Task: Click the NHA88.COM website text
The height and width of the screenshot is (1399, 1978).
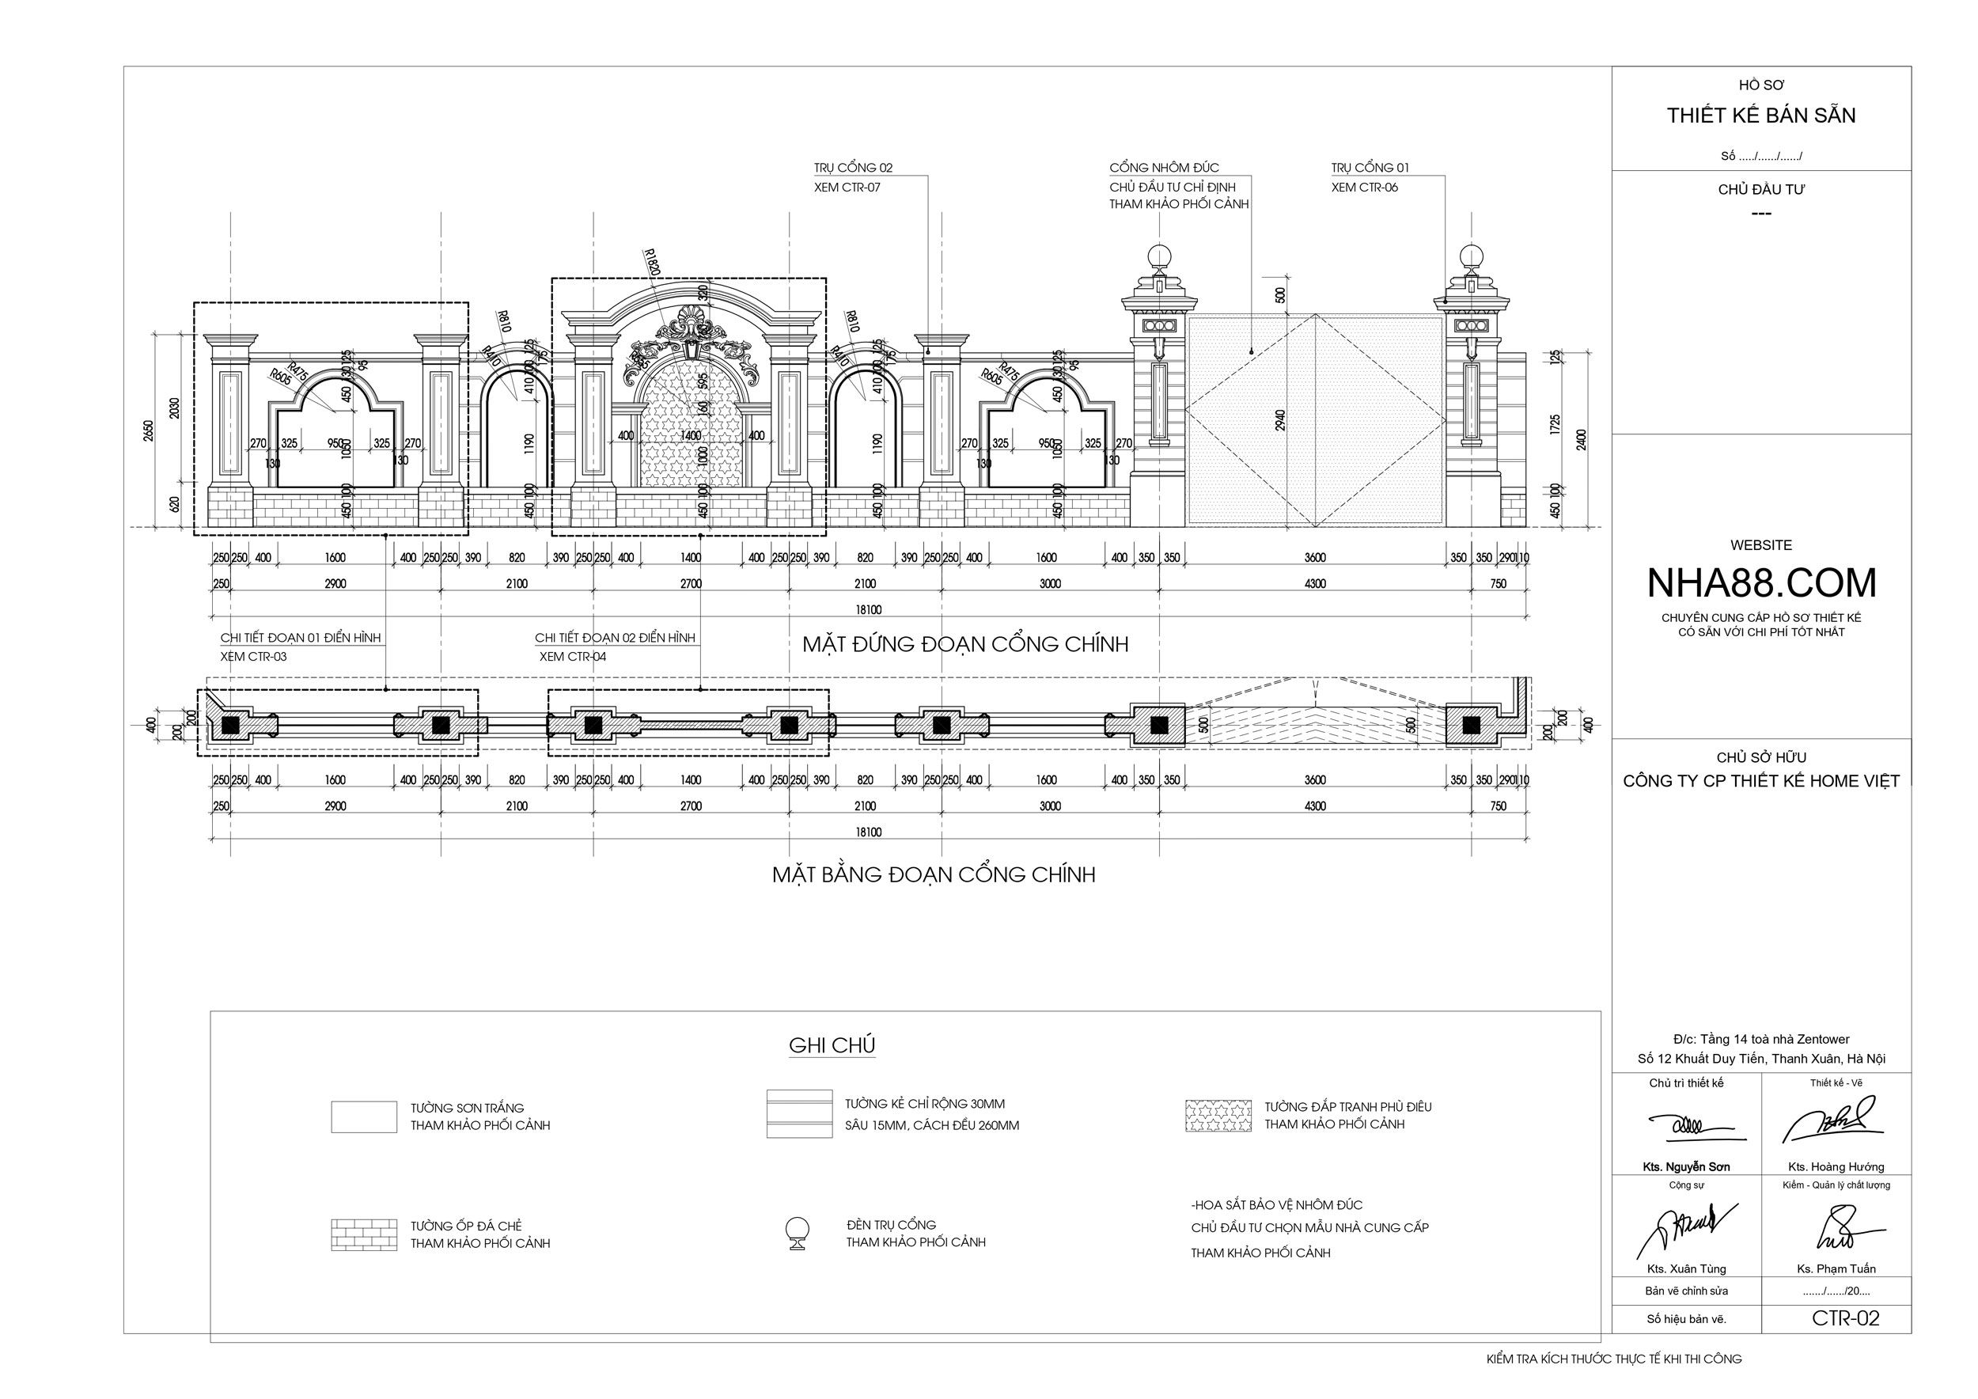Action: click(x=1761, y=583)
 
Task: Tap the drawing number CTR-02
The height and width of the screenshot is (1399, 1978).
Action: click(x=1845, y=1318)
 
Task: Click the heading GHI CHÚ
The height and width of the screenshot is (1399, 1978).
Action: click(x=832, y=1045)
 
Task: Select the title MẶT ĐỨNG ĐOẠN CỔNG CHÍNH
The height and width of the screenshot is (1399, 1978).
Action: click(x=965, y=644)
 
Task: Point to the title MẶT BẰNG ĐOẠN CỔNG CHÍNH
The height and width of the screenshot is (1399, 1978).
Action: click(x=933, y=874)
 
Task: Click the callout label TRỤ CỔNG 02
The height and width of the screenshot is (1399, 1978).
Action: click(x=853, y=167)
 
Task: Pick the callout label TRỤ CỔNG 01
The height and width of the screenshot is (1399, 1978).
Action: click(x=1370, y=167)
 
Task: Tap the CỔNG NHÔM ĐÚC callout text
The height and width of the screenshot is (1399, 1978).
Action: click(x=1164, y=167)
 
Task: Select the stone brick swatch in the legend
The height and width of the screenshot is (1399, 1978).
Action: click(x=363, y=1234)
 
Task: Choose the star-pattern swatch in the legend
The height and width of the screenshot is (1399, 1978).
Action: click(x=1218, y=1116)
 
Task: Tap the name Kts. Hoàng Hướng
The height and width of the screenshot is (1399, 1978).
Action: click(x=1836, y=1166)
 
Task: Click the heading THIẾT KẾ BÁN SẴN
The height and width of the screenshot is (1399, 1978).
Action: click(x=1761, y=116)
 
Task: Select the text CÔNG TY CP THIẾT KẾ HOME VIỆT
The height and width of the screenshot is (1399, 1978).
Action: click(x=1761, y=781)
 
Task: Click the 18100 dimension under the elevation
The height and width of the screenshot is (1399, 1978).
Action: click(x=869, y=610)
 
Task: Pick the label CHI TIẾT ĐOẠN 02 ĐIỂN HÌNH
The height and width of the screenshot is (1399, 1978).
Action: click(x=614, y=638)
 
